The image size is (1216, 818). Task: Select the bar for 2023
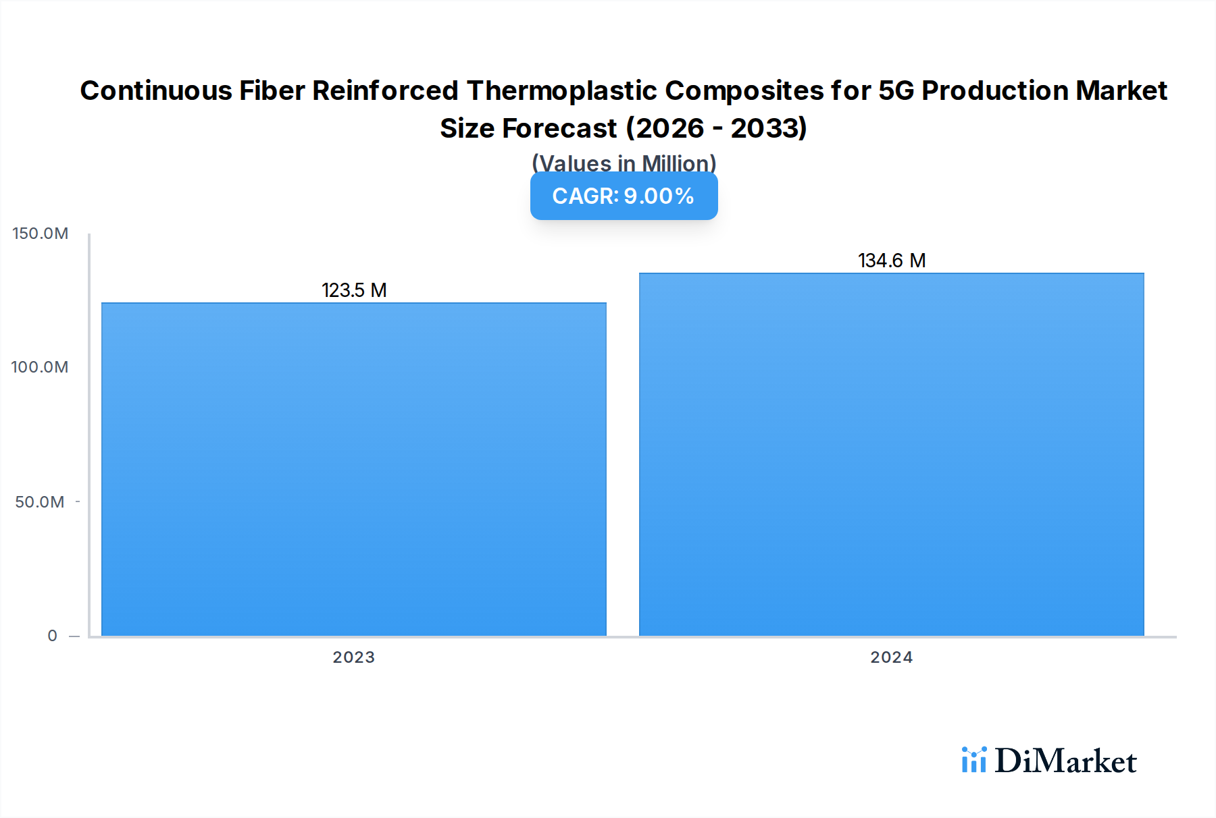click(x=353, y=469)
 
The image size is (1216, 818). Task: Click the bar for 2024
click(x=891, y=454)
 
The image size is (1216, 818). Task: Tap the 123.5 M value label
click(x=354, y=290)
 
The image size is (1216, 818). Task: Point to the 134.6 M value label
click(x=892, y=261)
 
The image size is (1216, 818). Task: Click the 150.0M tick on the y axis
click(x=41, y=234)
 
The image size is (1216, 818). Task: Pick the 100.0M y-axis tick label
click(x=40, y=367)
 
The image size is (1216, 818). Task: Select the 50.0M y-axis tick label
click(x=40, y=502)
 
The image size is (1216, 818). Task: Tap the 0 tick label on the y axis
click(x=52, y=636)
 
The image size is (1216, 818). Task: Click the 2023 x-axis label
click(x=353, y=657)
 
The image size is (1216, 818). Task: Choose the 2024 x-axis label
click(x=891, y=657)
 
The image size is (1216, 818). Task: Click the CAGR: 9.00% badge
click(x=624, y=196)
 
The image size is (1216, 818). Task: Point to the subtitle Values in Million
click(x=624, y=163)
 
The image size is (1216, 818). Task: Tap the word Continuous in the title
click(x=155, y=90)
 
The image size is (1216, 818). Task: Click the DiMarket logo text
click(x=1065, y=761)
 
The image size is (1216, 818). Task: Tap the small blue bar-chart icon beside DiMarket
click(x=974, y=760)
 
